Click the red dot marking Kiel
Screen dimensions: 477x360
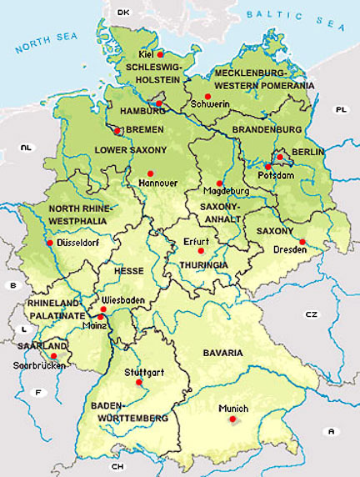click(160, 54)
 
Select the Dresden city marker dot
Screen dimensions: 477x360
click(302, 242)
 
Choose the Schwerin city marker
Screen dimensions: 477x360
click(207, 97)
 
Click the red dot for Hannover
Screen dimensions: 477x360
click(150, 173)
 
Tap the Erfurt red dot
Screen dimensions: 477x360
click(200, 249)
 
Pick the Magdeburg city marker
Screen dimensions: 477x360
click(219, 183)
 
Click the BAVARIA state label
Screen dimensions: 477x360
click(222, 353)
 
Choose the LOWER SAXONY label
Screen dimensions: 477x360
click(131, 150)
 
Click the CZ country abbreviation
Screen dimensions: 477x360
click(312, 314)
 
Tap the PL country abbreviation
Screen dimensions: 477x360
click(341, 109)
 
